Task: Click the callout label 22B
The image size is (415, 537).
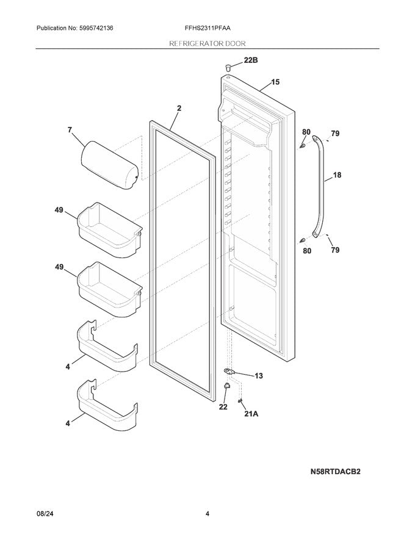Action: point(251,61)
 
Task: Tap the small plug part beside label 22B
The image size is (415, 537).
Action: point(228,65)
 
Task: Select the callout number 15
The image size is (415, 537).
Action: point(275,82)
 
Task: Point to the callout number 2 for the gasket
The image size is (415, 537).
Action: point(179,108)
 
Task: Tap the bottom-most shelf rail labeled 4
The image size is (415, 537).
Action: point(106,405)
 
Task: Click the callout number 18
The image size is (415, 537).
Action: point(337,175)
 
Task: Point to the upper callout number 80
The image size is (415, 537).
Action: point(306,132)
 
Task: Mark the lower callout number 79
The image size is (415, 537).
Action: point(335,250)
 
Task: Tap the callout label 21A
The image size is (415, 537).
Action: point(251,413)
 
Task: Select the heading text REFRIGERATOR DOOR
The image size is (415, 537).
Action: point(208,43)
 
